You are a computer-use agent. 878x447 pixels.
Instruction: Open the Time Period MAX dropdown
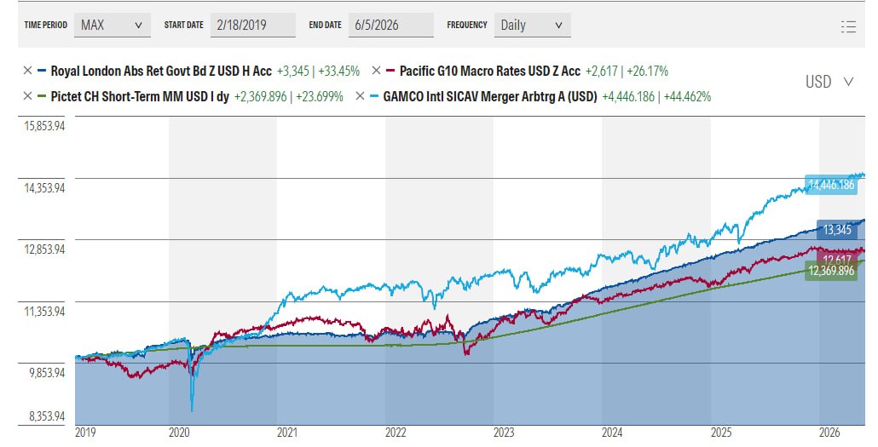pyautogui.click(x=112, y=26)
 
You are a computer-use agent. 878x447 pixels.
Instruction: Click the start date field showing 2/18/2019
pyautogui.click(x=252, y=26)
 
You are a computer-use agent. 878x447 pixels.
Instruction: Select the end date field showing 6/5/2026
pyautogui.click(x=391, y=26)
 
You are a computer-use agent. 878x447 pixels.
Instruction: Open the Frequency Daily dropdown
pyautogui.click(x=532, y=26)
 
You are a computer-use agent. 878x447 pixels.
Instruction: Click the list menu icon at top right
pyautogui.click(x=848, y=26)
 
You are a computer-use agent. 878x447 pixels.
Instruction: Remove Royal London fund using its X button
pyautogui.click(x=27, y=71)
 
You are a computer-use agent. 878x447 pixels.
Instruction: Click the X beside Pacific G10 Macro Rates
pyautogui.click(x=376, y=71)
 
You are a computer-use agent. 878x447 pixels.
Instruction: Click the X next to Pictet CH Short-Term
pyautogui.click(x=27, y=96)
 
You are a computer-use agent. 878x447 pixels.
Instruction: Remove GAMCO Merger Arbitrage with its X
pyautogui.click(x=360, y=96)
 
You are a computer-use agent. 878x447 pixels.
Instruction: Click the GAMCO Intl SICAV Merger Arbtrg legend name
pyautogui.click(x=490, y=96)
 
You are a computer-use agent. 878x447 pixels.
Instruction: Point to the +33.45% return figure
pyautogui.click(x=338, y=71)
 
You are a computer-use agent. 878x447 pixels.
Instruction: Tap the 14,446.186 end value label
pyautogui.click(x=831, y=185)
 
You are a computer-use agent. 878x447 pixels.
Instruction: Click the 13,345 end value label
pyautogui.click(x=837, y=229)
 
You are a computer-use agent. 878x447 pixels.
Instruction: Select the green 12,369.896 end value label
pyautogui.click(x=831, y=272)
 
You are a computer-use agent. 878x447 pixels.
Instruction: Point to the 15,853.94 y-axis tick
pyautogui.click(x=44, y=126)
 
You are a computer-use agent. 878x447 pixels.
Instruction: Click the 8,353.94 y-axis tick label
pyautogui.click(x=47, y=416)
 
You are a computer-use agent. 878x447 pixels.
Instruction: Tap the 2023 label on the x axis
pyautogui.click(x=504, y=433)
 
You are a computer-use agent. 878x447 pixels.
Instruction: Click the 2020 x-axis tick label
pyautogui.click(x=179, y=433)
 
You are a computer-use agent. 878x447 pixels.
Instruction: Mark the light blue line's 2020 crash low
pyautogui.click(x=192, y=411)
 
